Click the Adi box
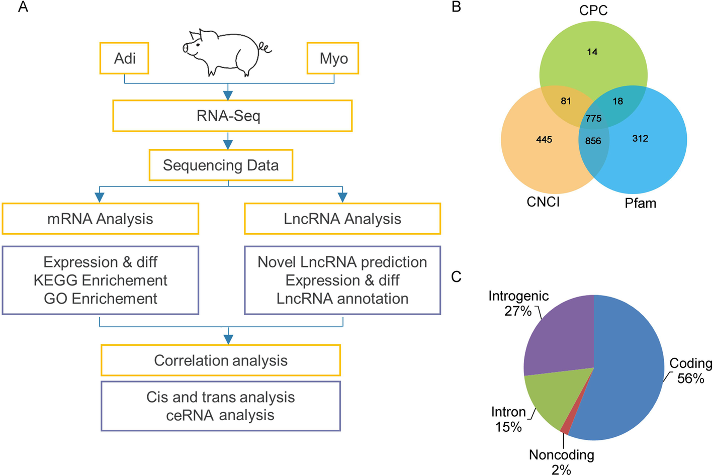tap(125, 58)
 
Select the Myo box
tap(333, 58)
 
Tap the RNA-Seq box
tap(232, 116)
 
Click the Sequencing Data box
tap(221, 165)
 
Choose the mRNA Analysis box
tap(100, 219)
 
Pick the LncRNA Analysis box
tap(342, 219)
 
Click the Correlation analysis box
tap(221, 360)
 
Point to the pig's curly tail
tap(264, 48)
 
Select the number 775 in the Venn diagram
tap(593, 119)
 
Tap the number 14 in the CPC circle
tap(592, 52)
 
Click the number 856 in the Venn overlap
tap(593, 141)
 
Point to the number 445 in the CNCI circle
tap(544, 139)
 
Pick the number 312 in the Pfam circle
tap(640, 138)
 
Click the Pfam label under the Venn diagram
tap(640, 203)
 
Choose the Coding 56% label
tap(690, 371)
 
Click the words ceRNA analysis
tap(220, 415)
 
